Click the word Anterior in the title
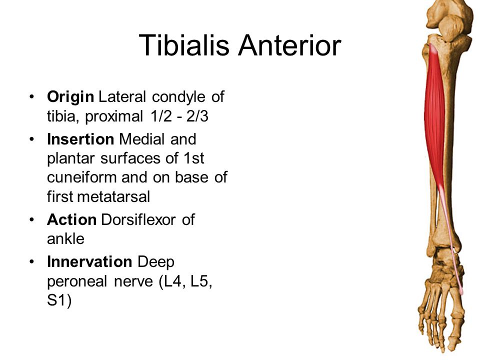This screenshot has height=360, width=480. (289, 45)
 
